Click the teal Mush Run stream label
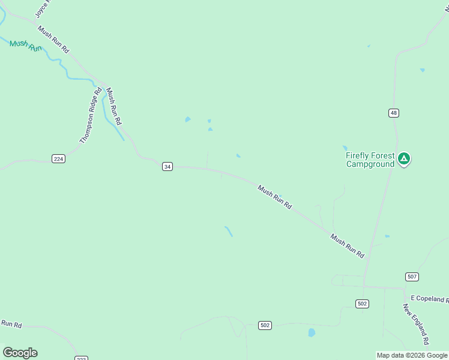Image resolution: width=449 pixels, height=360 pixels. point(25,46)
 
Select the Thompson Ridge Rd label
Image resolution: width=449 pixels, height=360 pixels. point(88,120)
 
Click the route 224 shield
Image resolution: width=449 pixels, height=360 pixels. point(58,158)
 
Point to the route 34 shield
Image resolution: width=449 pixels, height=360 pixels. point(167,166)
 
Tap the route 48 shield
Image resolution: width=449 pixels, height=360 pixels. point(393,113)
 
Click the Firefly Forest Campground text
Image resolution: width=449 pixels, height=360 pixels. point(370,160)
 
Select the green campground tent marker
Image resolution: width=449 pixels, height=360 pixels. point(404,158)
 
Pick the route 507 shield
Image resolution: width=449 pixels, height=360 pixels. point(412,277)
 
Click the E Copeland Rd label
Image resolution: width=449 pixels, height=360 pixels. point(429,299)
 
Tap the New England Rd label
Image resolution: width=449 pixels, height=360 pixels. point(416,324)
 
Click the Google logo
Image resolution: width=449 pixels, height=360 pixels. point(20,352)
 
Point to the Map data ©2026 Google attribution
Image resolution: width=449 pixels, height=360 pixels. point(412,355)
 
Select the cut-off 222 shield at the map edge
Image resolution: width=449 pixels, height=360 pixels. point(81,358)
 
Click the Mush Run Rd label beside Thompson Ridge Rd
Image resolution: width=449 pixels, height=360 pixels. point(113,106)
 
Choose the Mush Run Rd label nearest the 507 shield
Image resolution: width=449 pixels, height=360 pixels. point(347,246)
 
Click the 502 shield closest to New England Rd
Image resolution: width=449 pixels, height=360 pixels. point(362,304)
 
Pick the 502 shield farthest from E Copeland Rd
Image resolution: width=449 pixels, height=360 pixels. point(265,325)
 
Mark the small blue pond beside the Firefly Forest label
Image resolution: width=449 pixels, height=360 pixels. point(345,148)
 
